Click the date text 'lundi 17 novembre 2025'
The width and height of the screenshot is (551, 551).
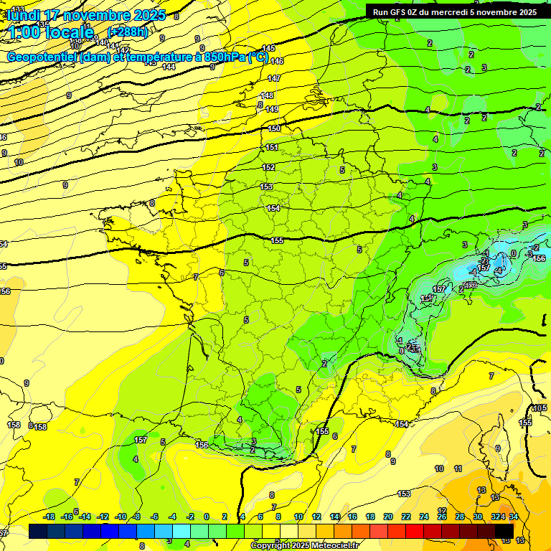coord(86,15)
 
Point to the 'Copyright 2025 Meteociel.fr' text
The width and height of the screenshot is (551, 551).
coord(305,545)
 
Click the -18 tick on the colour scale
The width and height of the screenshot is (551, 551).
coord(50,517)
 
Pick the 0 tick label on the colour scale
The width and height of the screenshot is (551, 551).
coord(207,517)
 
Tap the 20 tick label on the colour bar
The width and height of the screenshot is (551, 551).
coord(388,517)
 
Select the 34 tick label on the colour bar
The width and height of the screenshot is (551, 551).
coord(514,517)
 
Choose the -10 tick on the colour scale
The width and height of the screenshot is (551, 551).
coord(121,517)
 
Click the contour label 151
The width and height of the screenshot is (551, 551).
coord(272,147)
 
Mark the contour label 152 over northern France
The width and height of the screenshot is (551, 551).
coord(268,167)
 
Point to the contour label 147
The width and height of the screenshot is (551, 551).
coord(274,78)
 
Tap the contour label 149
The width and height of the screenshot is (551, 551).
coord(272,109)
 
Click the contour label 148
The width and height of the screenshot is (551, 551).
coord(268,95)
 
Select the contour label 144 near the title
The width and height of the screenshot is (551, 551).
coord(169,67)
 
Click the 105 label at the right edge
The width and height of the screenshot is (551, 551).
coord(540,408)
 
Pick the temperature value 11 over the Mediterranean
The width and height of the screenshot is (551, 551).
coord(458,468)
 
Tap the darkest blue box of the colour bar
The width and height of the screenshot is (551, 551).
coord(39,531)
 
